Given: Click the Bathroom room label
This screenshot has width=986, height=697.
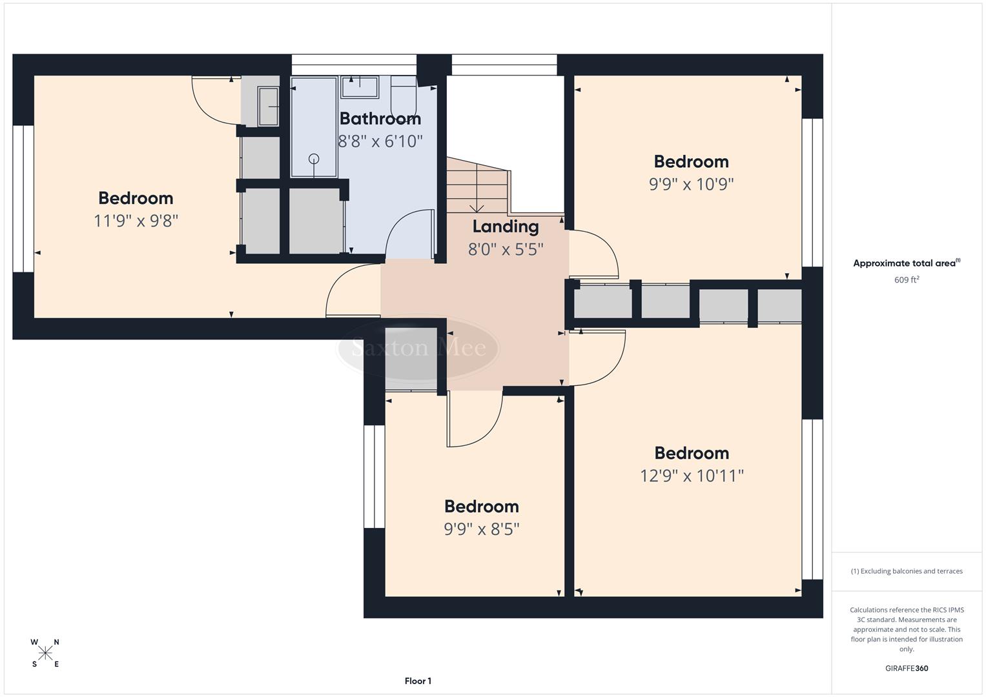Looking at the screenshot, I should tap(380, 119).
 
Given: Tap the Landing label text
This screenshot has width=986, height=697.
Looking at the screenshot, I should tap(505, 227).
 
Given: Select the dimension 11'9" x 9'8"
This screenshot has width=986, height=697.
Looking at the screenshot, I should tap(136, 221).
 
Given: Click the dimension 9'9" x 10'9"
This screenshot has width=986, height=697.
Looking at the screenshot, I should tap(691, 185).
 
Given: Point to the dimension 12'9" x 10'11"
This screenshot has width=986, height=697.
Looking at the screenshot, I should tap(692, 476).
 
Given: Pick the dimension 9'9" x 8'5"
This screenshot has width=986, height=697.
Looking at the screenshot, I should tap(481, 529).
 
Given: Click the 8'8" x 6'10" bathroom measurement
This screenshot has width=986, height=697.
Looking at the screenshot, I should tap(380, 141).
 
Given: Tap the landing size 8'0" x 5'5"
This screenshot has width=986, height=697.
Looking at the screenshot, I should tap(505, 248).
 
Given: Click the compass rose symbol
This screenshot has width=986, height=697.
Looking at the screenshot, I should tap(45, 653).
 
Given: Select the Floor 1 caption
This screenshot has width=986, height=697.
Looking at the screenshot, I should tap(418, 681).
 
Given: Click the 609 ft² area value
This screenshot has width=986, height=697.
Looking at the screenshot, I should tap(906, 280).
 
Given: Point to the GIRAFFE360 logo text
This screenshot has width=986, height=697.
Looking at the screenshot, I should tap(906, 669).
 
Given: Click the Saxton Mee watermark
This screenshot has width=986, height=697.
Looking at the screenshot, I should tap(418, 348).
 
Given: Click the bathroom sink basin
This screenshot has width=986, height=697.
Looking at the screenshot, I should tap(360, 86).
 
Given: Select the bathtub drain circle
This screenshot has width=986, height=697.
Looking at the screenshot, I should tap(314, 159).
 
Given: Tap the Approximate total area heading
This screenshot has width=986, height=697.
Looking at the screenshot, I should tap(906, 263).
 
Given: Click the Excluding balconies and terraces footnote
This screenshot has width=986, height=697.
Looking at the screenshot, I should tap(906, 571).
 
